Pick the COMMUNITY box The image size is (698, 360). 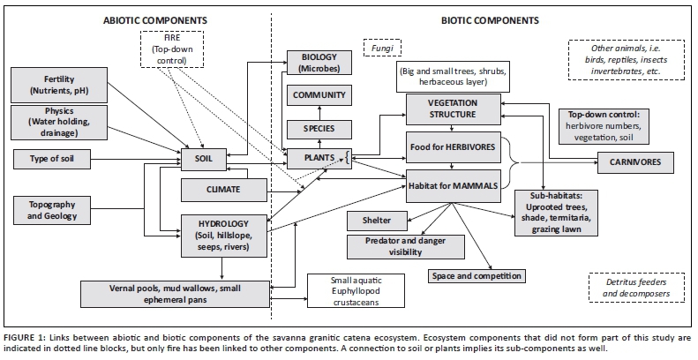(x=317, y=94)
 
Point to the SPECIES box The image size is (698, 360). (x=317, y=129)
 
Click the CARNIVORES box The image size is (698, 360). (x=634, y=162)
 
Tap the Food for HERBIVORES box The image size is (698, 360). (x=451, y=146)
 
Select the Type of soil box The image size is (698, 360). (x=59, y=160)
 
